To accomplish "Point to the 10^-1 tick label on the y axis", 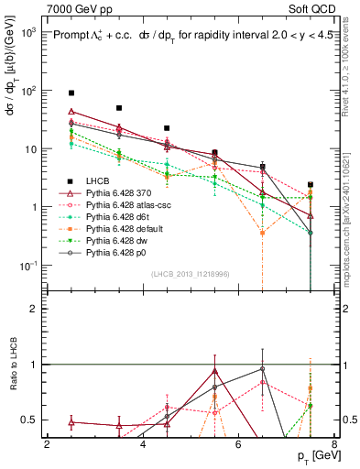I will [x=27, y=266].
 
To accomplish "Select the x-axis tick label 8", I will [x=334, y=444].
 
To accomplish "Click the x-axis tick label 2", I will [x=47, y=444].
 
